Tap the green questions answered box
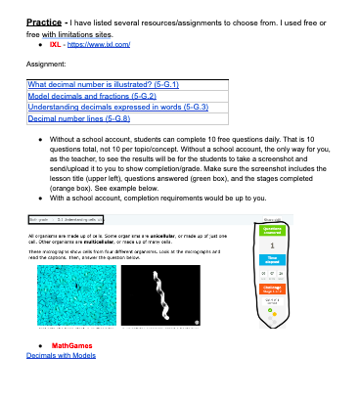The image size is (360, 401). tap(272, 228)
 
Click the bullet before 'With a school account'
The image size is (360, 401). tap(38, 197)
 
